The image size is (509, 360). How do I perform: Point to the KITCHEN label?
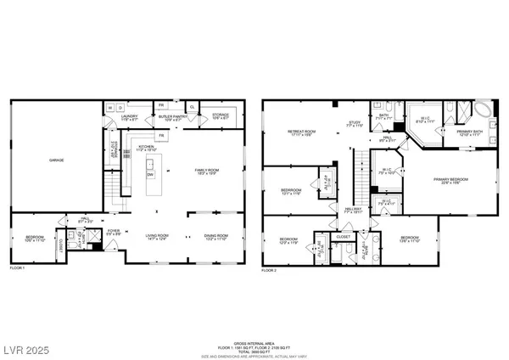point(147,148)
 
